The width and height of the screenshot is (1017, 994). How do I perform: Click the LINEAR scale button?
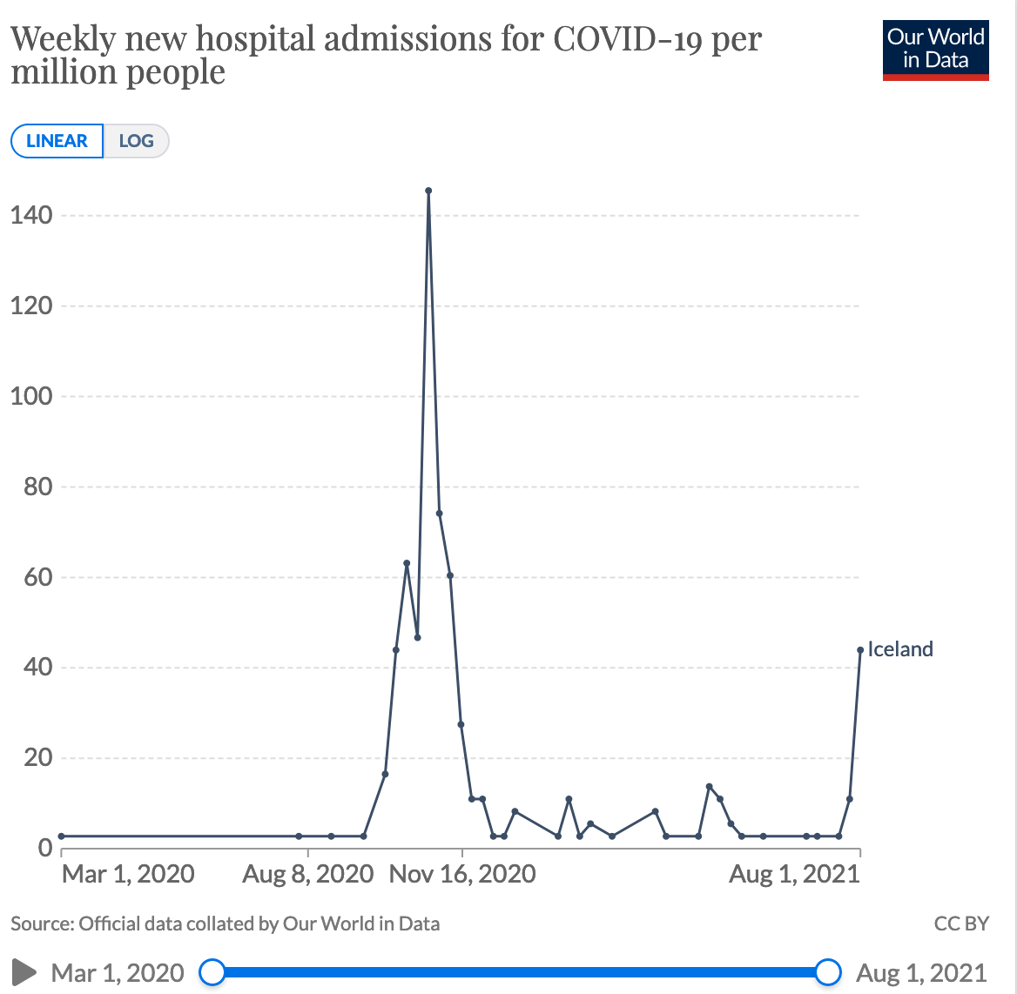tap(57, 141)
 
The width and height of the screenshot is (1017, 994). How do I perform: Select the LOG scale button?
tap(136, 141)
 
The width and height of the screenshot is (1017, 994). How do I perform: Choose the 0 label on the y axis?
tap(43, 848)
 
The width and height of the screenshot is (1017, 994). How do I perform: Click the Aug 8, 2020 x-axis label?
tap(308, 874)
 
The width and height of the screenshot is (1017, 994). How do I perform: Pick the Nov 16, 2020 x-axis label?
tap(462, 874)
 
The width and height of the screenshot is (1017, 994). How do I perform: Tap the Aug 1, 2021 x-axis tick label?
tap(794, 874)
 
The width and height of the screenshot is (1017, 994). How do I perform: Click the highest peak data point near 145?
tap(428, 191)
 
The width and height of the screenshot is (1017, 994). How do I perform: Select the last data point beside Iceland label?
tap(860, 649)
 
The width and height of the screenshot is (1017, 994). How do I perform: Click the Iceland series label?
tap(900, 649)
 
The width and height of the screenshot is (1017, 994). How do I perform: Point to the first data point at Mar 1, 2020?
tap(62, 836)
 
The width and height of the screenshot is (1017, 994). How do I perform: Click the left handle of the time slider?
tap(212, 971)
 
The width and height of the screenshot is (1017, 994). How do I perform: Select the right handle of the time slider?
tap(829, 971)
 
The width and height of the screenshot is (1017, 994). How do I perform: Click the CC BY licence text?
tap(961, 923)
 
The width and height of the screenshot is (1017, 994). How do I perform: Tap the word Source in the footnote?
tap(42, 923)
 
